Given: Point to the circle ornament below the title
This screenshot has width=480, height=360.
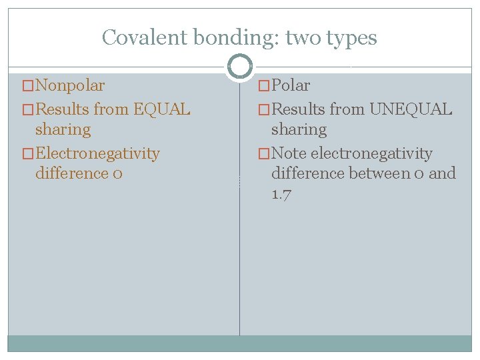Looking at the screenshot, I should tap(240, 66).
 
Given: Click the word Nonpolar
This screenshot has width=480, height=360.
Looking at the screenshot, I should tap(69, 85).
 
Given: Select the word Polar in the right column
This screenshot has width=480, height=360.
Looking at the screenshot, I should tap(291, 85).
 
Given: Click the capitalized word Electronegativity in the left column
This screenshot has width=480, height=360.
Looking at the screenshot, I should tap(97, 153).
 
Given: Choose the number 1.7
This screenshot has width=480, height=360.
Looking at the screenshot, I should tap(281, 195).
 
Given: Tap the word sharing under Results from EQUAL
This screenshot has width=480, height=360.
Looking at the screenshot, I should tap(63, 129).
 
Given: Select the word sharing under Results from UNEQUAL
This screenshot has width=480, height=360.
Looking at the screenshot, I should tap(299, 129).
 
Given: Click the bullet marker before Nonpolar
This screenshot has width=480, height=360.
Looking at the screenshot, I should tap(27, 86).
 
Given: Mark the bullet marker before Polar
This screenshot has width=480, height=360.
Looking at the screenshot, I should tap(264, 86).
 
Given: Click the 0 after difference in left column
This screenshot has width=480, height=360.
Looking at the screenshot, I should tap(117, 174).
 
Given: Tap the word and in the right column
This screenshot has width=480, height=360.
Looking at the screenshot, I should tap(443, 173).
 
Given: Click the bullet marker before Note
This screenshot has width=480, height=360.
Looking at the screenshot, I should tap(264, 154).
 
